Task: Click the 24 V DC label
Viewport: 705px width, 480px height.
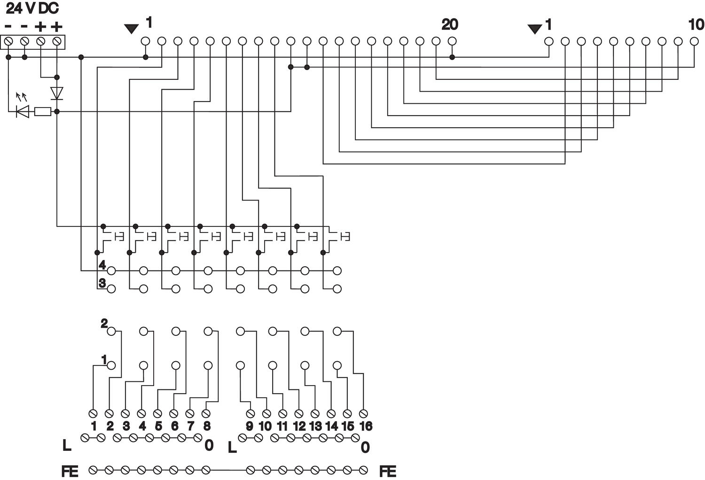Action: click(32, 8)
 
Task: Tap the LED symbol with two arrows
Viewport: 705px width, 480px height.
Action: click(22, 111)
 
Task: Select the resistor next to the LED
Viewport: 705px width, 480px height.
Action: click(43, 111)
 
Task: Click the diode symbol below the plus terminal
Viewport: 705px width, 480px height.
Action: click(57, 93)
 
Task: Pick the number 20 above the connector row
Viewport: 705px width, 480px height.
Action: click(449, 24)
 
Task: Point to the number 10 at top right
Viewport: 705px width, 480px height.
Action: click(696, 24)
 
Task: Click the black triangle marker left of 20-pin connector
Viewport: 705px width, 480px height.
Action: click(132, 29)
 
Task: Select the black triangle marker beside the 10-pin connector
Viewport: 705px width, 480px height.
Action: click(534, 29)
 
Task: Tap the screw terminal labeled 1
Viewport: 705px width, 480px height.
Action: click(93, 413)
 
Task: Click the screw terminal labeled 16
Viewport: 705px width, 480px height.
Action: click(363, 413)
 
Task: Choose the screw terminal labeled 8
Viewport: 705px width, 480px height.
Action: click(206, 413)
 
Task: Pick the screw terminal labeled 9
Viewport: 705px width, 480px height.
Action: click(251, 413)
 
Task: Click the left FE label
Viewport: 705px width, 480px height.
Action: click(70, 471)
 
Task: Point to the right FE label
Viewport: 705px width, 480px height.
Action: click(387, 471)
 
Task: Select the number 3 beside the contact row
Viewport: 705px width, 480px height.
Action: click(102, 283)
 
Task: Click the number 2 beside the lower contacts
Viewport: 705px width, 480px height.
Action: click(104, 323)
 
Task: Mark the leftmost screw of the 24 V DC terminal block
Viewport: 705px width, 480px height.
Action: click(8, 42)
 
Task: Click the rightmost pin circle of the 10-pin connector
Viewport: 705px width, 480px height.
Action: click(694, 41)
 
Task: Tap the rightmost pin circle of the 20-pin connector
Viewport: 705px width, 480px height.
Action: click(452, 41)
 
